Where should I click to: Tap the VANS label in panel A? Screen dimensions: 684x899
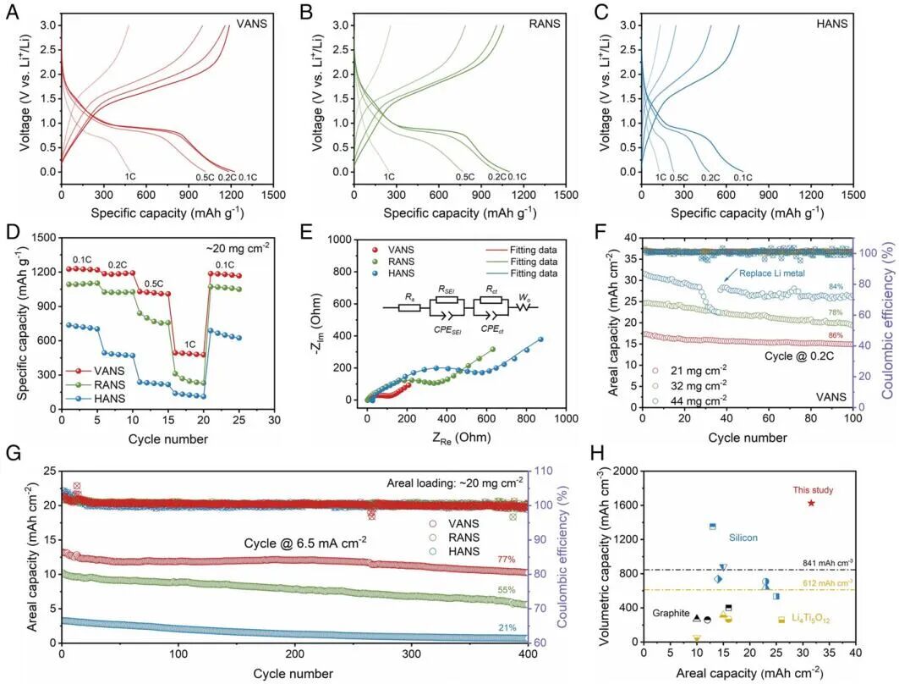pyautogui.click(x=252, y=25)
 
